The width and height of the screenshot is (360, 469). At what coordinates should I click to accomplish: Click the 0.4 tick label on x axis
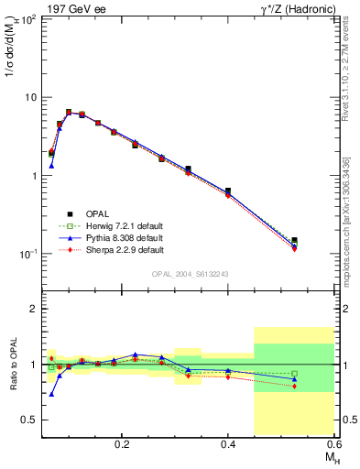tap(228, 443)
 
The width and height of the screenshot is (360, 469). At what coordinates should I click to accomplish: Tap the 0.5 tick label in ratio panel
tap(32, 420)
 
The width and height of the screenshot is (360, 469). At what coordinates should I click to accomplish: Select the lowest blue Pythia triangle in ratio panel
tap(51, 394)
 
